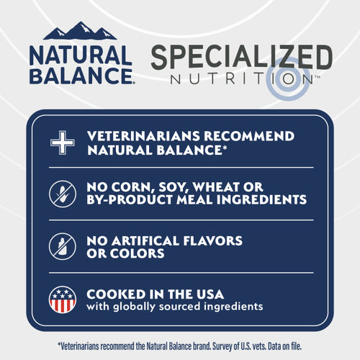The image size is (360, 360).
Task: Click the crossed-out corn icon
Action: (62, 194)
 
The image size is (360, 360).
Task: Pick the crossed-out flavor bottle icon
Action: (62, 246)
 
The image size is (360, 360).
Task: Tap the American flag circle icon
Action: (62, 300)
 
